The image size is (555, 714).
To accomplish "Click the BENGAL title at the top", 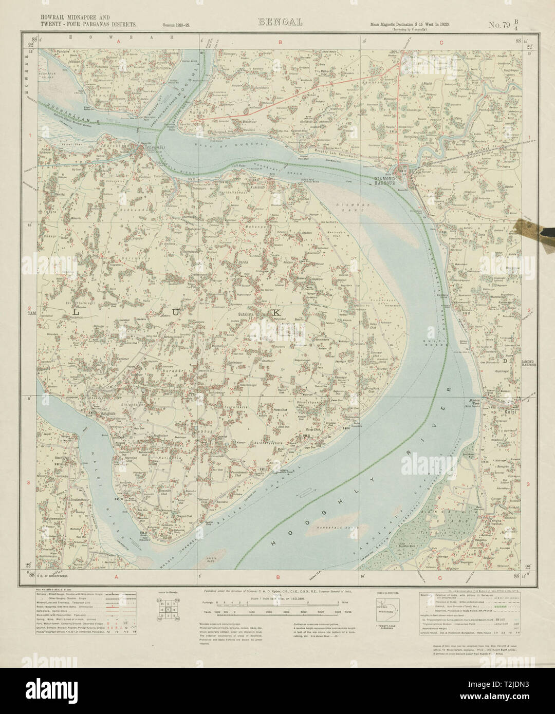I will coord(278,22).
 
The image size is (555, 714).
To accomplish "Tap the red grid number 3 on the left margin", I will coord(31,482).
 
